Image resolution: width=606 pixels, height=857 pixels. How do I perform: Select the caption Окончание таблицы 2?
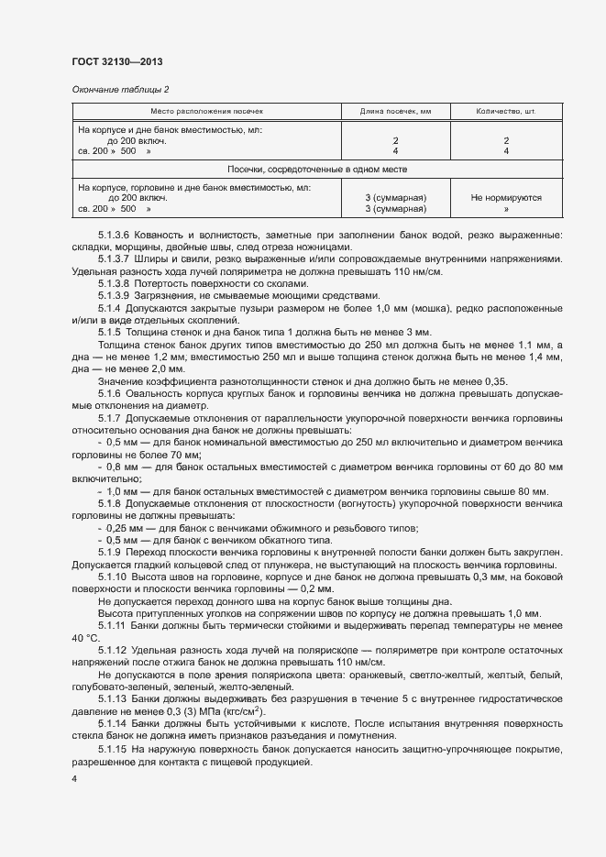pyautogui.click(x=120, y=89)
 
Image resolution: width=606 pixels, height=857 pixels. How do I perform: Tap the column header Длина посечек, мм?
pyautogui.click(x=395, y=111)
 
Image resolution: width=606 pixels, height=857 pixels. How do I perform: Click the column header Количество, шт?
pyautogui.click(x=505, y=111)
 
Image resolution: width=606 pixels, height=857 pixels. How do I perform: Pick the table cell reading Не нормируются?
pyautogui.click(x=505, y=197)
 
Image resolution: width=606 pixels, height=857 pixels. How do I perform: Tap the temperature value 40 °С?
pyautogui.click(x=85, y=637)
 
